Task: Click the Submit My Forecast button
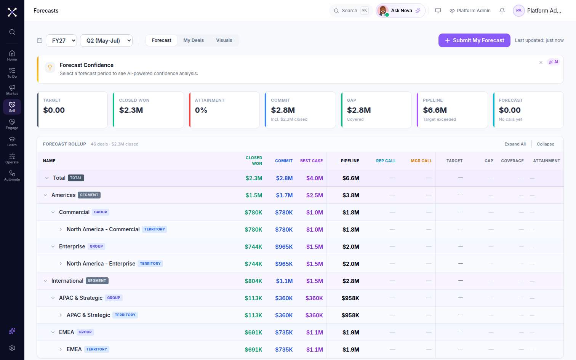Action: (x=474, y=40)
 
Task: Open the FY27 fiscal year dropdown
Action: (x=61, y=41)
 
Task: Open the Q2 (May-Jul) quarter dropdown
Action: (x=106, y=41)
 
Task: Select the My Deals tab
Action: (x=194, y=40)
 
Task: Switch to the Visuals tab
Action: (x=224, y=40)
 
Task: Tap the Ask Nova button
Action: (x=400, y=11)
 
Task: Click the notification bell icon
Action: (x=502, y=11)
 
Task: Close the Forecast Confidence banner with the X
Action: (x=541, y=62)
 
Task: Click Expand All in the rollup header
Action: (x=515, y=144)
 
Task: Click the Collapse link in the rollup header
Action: (x=546, y=144)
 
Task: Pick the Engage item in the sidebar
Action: (x=12, y=124)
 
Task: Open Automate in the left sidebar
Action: (x=12, y=176)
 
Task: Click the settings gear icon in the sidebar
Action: (x=12, y=348)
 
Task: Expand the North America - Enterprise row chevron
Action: (x=61, y=264)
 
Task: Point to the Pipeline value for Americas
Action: (x=351, y=195)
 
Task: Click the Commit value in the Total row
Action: (x=284, y=178)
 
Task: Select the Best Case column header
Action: (x=311, y=161)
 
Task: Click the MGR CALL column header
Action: (x=421, y=161)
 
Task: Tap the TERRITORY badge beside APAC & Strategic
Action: (x=125, y=315)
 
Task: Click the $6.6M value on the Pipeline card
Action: (x=435, y=110)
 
